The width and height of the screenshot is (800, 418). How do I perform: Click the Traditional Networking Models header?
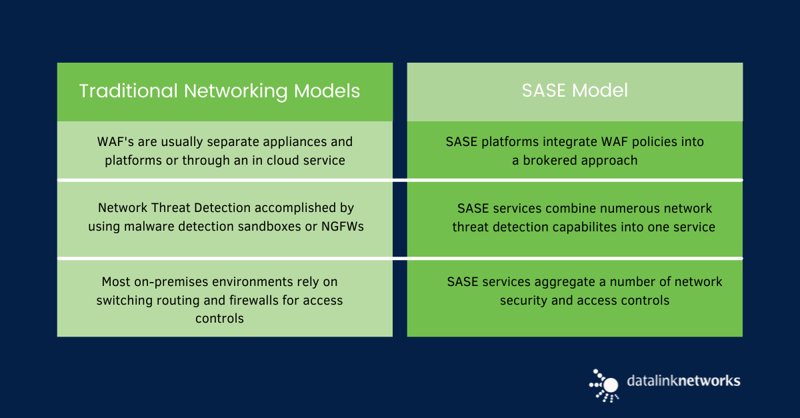click(x=219, y=91)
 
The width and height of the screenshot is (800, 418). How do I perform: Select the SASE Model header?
click(x=575, y=91)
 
